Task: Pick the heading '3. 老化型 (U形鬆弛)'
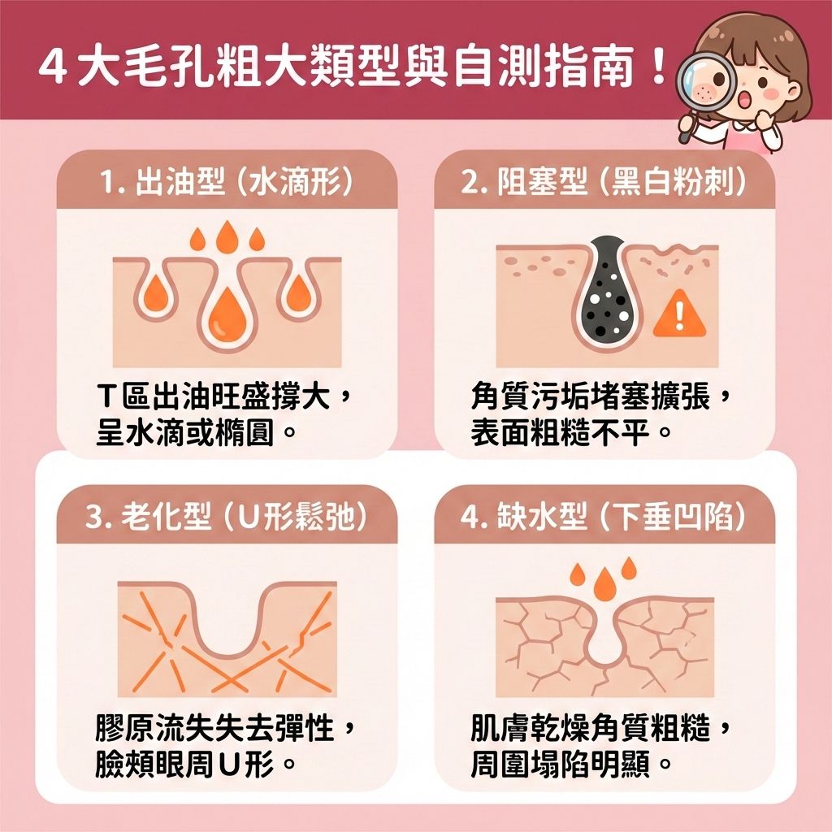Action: [x=227, y=517]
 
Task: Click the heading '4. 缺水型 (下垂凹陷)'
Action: [x=604, y=517]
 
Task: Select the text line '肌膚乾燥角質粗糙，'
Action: [x=602, y=729]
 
